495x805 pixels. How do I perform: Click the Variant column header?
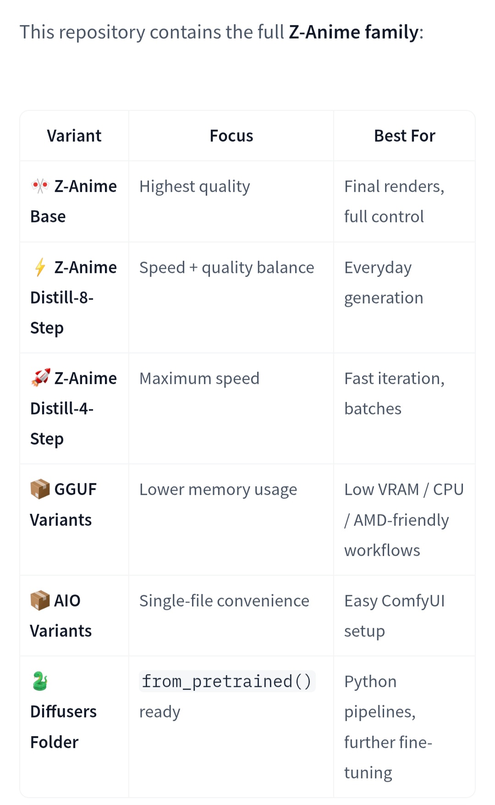pos(74,136)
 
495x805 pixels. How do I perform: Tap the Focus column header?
pos(231,136)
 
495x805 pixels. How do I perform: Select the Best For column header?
pos(404,136)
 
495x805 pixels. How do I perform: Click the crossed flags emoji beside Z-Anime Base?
pos(40,186)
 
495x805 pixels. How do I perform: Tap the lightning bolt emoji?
pos(40,267)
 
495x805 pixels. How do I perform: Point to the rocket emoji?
pos(40,378)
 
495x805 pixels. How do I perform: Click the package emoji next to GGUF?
pos(40,489)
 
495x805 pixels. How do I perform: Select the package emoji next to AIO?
pos(40,601)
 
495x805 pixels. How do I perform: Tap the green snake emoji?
pos(40,681)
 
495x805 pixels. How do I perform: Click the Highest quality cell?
pos(195,187)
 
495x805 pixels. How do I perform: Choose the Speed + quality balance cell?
pos(227,268)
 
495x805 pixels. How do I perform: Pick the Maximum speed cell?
pos(199,379)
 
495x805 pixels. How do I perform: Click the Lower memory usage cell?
pos(218,490)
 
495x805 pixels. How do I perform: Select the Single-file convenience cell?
pos(224,601)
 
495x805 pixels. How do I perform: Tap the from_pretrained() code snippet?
pos(227,682)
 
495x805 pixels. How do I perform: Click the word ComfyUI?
pos(413,601)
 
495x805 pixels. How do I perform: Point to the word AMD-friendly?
pos(401,520)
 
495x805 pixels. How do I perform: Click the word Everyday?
pos(378,268)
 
